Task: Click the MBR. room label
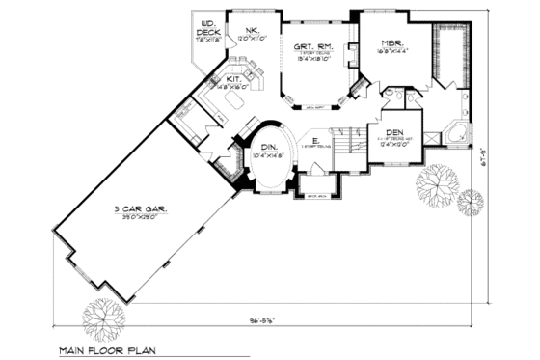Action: (x=391, y=43)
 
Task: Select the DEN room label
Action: (x=394, y=133)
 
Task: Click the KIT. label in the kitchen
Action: (x=234, y=78)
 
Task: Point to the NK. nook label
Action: (x=253, y=32)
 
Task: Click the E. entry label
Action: (x=315, y=141)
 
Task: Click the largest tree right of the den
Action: (x=436, y=180)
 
